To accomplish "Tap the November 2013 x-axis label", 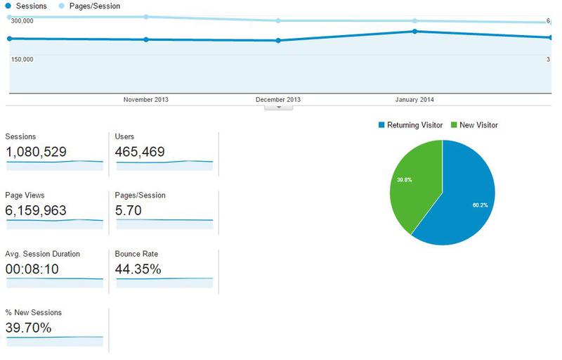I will pyautogui.click(x=145, y=100).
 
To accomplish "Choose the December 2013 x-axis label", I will pyautogui.click(x=278, y=100).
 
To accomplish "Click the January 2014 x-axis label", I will pyautogui.click(x=414, y=100).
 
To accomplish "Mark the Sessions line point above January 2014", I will pyautogui.click(x=415, y=32).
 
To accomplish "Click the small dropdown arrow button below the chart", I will pyautogui.click(x=279, y=107).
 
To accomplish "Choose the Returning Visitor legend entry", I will pyautogui.click(x=414, y=125).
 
